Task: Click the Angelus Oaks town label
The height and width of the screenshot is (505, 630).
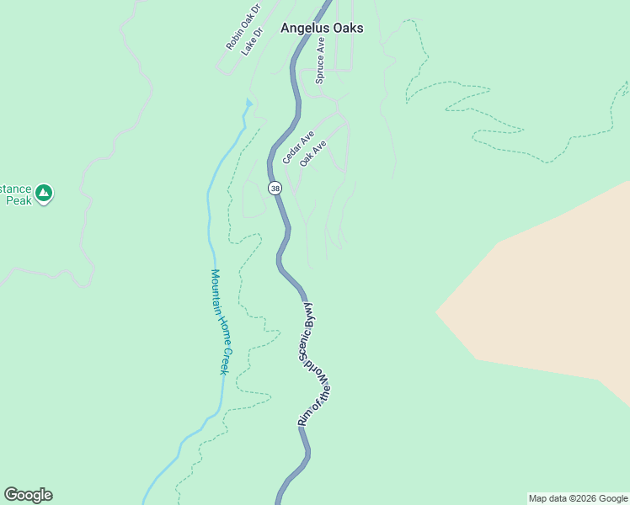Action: pos(322,28)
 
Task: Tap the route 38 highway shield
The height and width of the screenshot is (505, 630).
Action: pos(275,189)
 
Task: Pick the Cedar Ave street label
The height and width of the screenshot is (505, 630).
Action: pos(298,146)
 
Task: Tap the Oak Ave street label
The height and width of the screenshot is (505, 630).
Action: pos(312,152)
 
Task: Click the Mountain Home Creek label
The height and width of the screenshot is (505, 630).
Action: pos(219,322)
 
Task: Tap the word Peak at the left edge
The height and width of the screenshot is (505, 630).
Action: pos(18,200)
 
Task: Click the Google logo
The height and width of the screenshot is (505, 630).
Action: pos(28,495)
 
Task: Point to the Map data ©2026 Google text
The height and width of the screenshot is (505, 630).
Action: pos(577,498)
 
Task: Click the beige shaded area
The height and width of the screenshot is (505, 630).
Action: pos(547,295)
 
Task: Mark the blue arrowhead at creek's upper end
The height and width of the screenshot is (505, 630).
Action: pos(248,104)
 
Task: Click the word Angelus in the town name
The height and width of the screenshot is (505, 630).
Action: pos(303,28)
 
